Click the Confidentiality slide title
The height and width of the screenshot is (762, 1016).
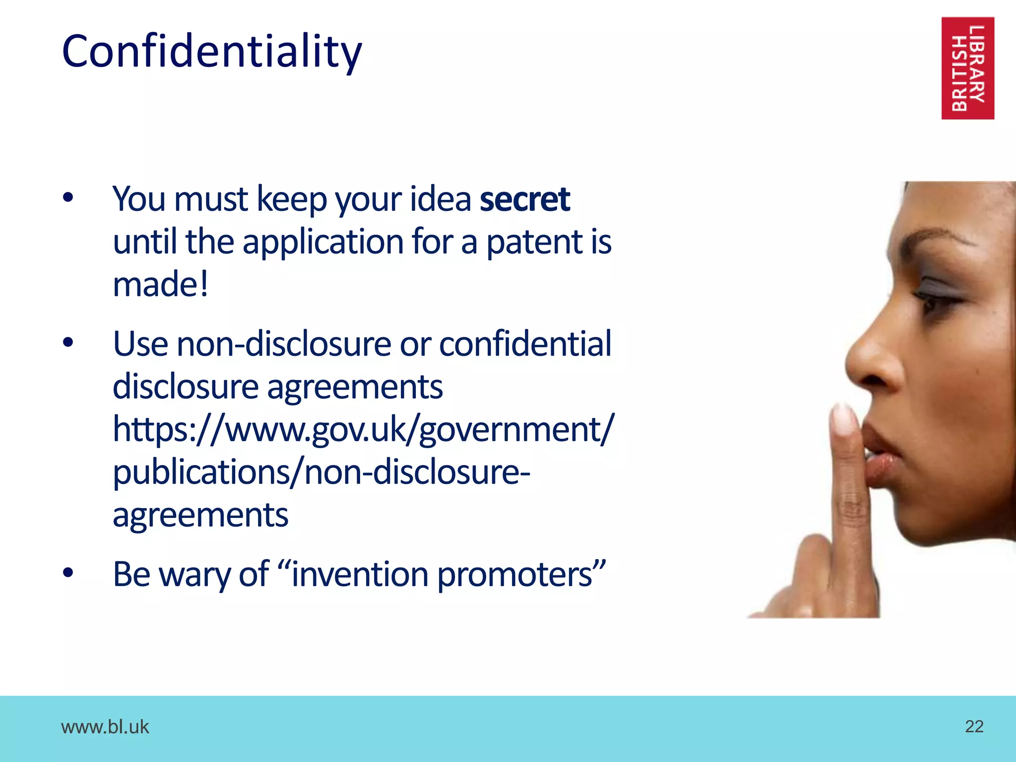212,52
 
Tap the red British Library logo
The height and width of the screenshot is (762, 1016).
967,68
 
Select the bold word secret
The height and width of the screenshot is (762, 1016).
525,199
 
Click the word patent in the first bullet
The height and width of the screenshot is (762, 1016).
534,242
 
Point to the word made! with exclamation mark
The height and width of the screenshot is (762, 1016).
160,285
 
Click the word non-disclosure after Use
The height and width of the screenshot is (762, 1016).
284,344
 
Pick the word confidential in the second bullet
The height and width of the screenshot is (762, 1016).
525,344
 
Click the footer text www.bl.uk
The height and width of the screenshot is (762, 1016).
105,727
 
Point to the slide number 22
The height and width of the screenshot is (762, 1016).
974,726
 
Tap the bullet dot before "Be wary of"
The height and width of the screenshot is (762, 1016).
68,573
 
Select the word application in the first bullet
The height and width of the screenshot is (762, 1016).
323,242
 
